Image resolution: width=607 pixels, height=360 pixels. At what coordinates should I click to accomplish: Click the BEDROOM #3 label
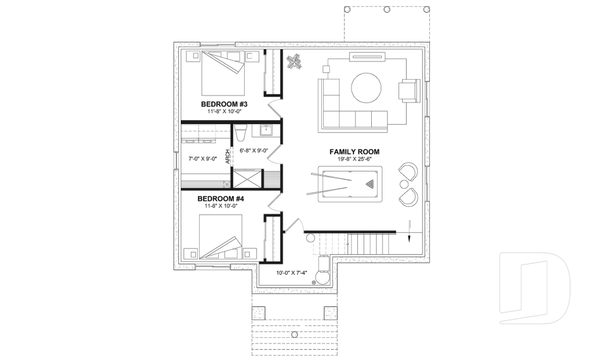tap(224, 104)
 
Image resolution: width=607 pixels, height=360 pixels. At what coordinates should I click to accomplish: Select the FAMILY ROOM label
tap(354, 152)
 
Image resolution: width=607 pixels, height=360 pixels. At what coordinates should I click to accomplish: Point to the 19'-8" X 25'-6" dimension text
tap(354, 159)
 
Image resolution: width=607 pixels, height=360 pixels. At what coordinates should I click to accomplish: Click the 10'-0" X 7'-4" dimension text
tap(291, 273)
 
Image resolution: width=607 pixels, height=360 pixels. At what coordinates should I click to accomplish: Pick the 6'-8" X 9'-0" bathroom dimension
tap(254, 151)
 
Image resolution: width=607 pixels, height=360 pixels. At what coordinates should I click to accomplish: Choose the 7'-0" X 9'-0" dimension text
tap(203, 159)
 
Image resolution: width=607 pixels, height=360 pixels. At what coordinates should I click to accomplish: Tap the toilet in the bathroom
tap(240, 133)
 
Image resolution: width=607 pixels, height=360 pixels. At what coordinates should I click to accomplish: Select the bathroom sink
tap(266, 130)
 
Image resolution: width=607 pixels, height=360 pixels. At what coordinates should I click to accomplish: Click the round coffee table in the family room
tap(366, 88)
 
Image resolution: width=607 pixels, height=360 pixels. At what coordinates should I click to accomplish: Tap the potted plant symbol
tap(293, 62)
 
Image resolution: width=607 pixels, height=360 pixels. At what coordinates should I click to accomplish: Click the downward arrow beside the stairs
tap(409, 231)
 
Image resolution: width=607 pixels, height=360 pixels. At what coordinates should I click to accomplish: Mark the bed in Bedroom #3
tap(223, 73)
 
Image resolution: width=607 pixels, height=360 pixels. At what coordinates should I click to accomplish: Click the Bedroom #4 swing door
tap(274, 202)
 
